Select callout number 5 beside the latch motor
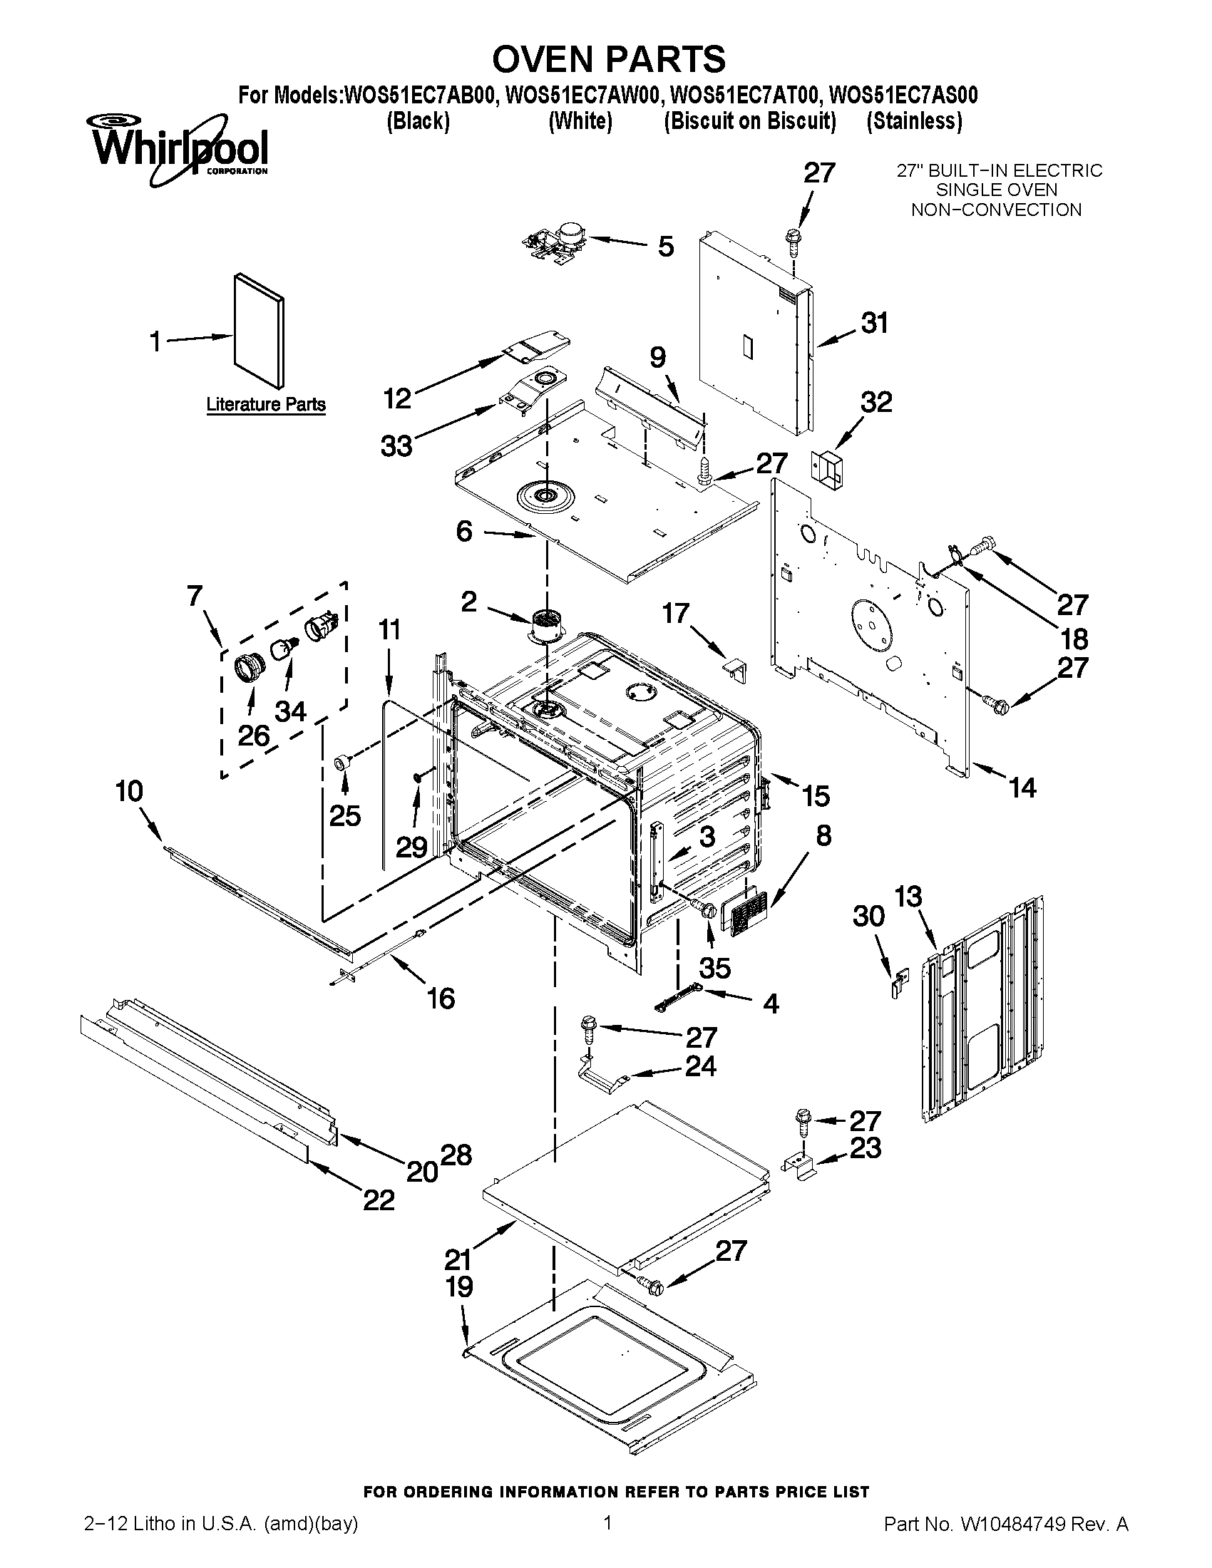click(666, 247)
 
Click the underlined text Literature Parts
click(266, 404)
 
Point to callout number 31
click(875, 323)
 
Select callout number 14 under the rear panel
click(1022, 788)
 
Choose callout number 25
click(344, 815)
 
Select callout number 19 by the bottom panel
click(460, 1287)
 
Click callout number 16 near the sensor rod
click(441, 998)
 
